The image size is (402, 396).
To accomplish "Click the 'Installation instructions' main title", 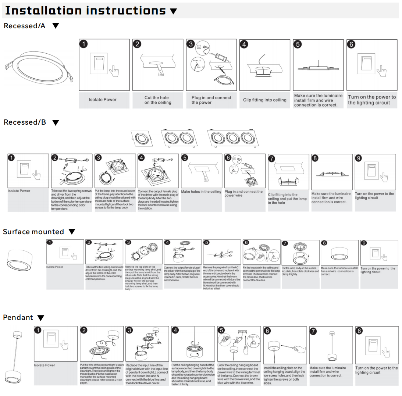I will pos(85,10).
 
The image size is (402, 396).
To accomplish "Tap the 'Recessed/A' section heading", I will pos(25,26).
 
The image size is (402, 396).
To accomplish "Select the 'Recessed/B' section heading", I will pos(25,122).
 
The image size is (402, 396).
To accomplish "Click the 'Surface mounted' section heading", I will pos(33,232).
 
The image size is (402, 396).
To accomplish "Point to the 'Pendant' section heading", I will pos(18,317).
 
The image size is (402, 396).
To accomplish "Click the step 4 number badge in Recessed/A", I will pos(244,44).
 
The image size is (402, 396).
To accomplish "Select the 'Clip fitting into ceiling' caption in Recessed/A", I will pos(264,100).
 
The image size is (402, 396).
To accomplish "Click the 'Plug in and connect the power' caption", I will pos(211,100).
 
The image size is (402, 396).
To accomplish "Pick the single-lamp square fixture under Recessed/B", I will pos(142,139).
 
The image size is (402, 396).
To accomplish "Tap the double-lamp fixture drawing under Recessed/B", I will pos(177,139).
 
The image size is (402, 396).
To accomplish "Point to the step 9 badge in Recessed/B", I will pos(358,158).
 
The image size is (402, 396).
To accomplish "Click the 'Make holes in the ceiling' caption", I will pos(201,192).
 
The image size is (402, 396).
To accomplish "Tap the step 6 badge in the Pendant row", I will pos(267,331).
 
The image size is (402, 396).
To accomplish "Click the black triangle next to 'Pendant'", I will pos(41,318).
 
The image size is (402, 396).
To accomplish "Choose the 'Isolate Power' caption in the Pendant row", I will pos(45,365).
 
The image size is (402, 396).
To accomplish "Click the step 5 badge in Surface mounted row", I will pos(207,243).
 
